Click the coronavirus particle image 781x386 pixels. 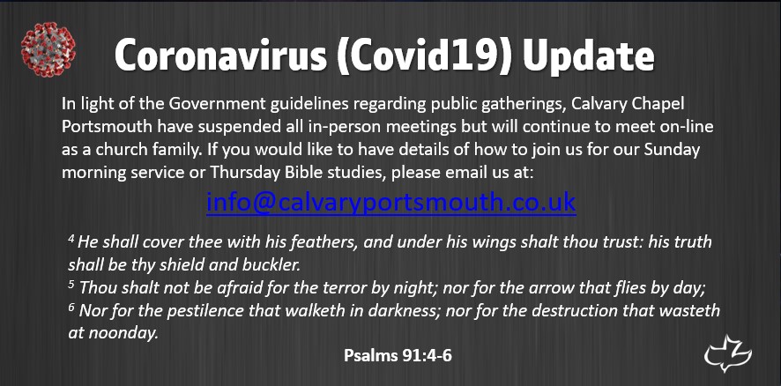[x=48, y=49]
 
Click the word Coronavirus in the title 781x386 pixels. [x=220, y=55]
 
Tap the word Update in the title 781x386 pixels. [x=589, y=56]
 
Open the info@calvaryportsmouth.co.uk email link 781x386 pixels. [x=391, y=202]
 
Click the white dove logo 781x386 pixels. [x=727, y=353]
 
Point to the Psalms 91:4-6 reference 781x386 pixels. [x=398, y=356]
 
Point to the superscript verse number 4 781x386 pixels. [x=71, y=239]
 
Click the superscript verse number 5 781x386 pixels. [x=71, y=285]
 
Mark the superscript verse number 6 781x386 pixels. [x=71, y=307]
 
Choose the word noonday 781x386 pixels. [x=123, y=334]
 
